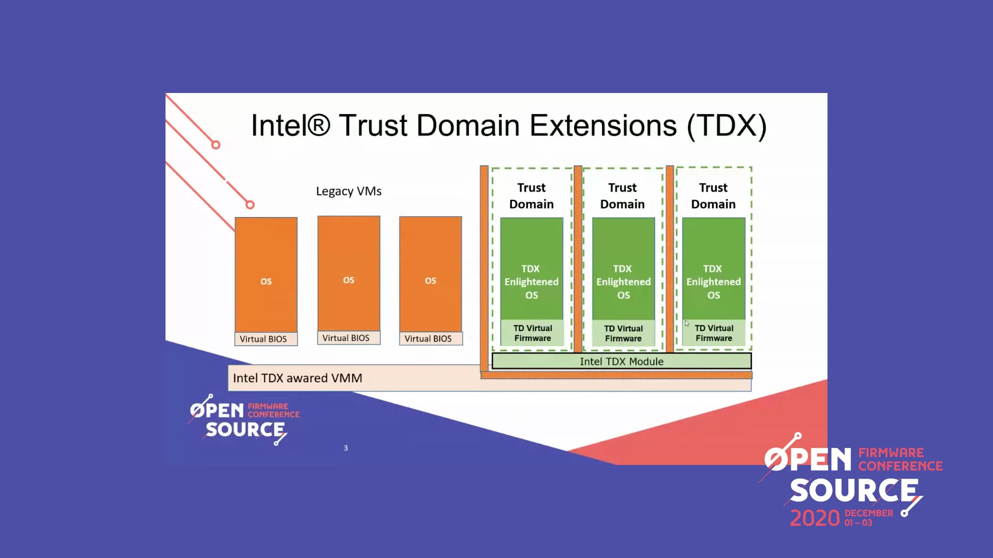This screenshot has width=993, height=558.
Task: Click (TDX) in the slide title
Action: point(727,126)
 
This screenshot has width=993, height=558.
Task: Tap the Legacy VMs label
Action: point(349,191)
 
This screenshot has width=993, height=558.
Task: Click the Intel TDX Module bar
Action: point(621,361)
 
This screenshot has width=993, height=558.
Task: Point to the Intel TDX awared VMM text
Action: point(297,378)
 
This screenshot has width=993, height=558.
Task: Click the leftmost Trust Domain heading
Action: point(531,196)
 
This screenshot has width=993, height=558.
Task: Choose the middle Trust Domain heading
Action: point(622,196)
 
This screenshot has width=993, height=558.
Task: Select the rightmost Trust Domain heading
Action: point(713,196)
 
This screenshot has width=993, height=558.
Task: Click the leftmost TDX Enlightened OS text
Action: point(531,282)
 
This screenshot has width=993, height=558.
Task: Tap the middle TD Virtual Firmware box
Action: point(623,333)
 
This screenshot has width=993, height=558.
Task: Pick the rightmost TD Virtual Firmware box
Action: point(714,333)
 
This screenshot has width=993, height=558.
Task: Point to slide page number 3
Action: point(346,448)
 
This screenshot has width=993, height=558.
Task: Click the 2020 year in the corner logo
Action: point(815,518)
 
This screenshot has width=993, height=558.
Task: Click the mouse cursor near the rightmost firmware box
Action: point(687,323)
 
